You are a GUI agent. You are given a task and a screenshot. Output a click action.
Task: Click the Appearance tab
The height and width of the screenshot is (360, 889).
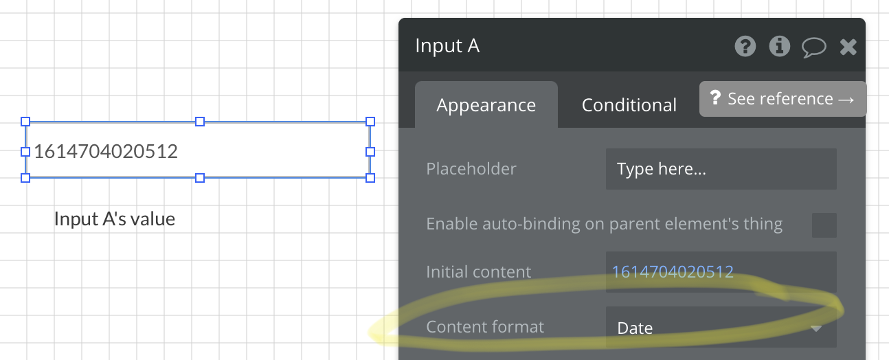[x=486, y=105]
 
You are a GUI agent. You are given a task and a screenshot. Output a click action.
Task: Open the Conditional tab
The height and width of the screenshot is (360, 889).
[x=629, y=105]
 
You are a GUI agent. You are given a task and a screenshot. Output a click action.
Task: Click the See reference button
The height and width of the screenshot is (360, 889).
[x=783, y=99]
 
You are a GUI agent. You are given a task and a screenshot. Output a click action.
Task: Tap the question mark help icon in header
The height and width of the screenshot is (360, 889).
[x=745, y=47]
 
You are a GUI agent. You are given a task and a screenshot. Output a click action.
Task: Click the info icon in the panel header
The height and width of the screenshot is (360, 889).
[x=780, y=47]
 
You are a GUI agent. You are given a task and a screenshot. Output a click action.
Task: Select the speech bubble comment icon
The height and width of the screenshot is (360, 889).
[x=814, y=47]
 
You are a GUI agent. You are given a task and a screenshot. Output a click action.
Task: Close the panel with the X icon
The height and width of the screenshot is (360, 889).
[x=848, y=47]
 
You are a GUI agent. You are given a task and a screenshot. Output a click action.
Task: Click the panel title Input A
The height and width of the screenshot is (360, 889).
[x=447, y=46]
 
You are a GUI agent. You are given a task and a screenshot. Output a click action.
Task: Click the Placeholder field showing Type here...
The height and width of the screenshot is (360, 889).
[x=721, y=169]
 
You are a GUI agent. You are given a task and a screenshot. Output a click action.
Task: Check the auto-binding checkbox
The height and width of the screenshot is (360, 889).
[x=824, y=225]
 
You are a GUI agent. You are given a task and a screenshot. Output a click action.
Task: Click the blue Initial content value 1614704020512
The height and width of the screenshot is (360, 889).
[x=673, y=272]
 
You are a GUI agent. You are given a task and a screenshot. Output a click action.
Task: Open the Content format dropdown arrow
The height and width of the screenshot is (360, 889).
[x=816, y=328]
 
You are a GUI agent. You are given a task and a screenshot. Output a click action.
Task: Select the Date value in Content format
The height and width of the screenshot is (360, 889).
[x=635, y=328]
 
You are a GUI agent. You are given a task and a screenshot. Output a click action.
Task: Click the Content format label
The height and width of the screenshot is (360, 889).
[x=485, y=327]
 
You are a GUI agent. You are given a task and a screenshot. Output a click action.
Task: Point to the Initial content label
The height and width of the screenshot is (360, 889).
[x=478, y=272]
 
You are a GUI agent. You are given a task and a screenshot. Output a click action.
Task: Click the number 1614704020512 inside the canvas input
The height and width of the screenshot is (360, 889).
[x=106, y=151]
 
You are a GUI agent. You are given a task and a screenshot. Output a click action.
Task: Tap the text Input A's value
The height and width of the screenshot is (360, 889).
[x=115, y=218]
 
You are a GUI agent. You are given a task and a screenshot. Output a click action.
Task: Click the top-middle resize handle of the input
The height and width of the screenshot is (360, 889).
[x=200, y=122]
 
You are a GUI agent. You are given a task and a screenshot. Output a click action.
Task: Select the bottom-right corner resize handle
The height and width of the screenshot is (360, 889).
[x=370, y=178]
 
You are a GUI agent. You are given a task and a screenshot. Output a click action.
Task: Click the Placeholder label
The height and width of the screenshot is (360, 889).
[x=471, y=169]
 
